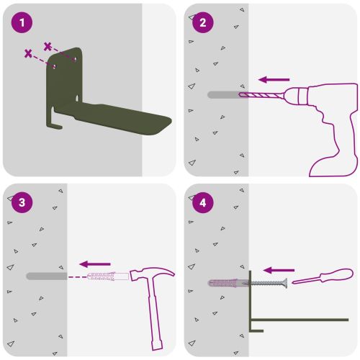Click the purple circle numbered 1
[22, 22]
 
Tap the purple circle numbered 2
[203, 22]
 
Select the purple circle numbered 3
[22, 202]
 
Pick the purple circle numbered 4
[203, 202]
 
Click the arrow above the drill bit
[274, 79]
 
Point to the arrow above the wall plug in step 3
[95, 264]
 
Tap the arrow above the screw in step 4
[279, 270]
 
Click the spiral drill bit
[261, 95]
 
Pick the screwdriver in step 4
[323, 276]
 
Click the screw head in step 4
[285, 283]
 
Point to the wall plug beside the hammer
[108, 276]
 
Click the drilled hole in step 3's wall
[47, 276]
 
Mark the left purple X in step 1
[28, 53]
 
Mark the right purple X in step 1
[48, 46]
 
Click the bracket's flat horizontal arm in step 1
[115, 117]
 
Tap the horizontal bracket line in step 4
[300, 320]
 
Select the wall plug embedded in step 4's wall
[228, 283]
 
